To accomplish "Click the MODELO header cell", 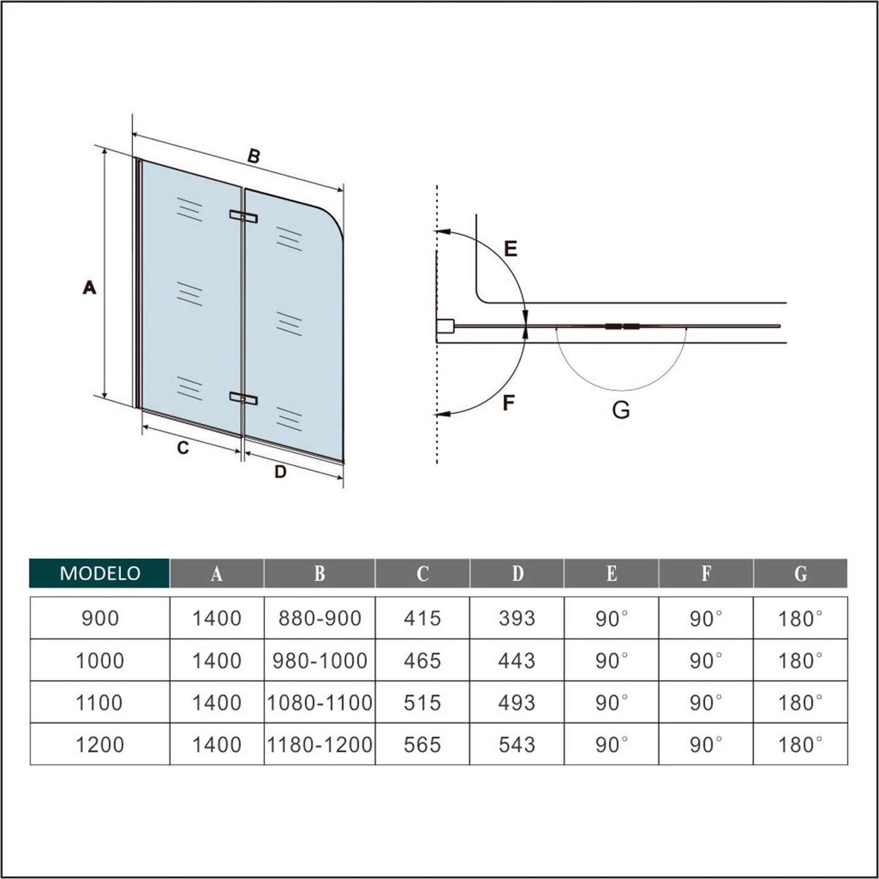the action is [x=99, y=573].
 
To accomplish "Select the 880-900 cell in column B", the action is [x=320, y=618].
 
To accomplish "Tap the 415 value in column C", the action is [x=422, y=618].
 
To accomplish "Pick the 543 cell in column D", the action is [x=517, y=745].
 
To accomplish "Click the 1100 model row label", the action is [x=99, y=703].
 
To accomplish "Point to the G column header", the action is [x=801, y=574].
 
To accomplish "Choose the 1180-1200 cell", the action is [x=320, y=745].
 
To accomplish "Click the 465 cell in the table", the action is [x=422, y=661].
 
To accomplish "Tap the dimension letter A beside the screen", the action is [x=89, y=288].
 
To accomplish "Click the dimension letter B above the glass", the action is [x=254, y=156].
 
